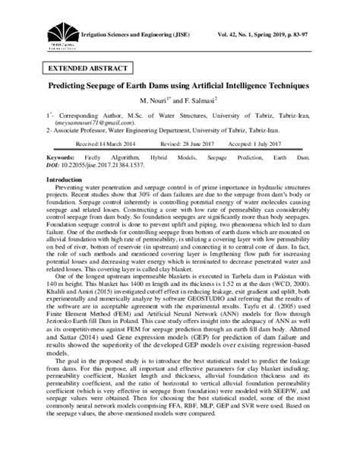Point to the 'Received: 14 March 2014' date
pyautogui.click(x=118, y=142)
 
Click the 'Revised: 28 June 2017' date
pyautogui.click(x=199, y=142)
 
